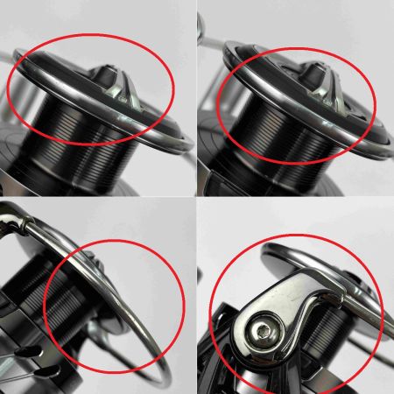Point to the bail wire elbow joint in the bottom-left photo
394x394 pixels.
(22, 223)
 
